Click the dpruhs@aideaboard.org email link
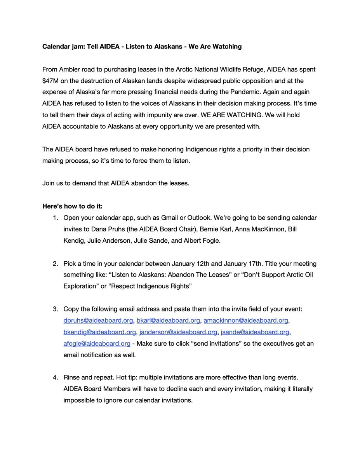pos(98,321)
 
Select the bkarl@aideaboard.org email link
pos(168,321)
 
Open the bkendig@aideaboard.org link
pos(99,332)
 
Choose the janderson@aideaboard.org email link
pos(178,332)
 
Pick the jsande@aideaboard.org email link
pos(255,332)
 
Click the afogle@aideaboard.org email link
pos(97,344)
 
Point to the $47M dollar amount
pos(52,81)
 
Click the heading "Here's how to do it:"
pos(72,206)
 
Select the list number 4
pos(56,378)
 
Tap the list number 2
pos(56,264)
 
